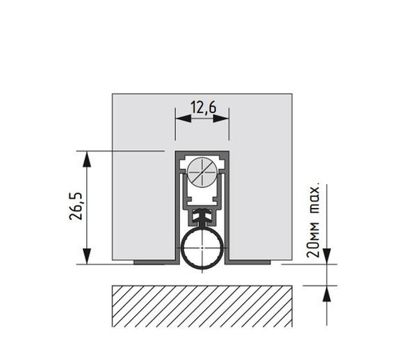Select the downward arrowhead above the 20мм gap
327,258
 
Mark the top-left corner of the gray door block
112,94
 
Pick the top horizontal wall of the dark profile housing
202,152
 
